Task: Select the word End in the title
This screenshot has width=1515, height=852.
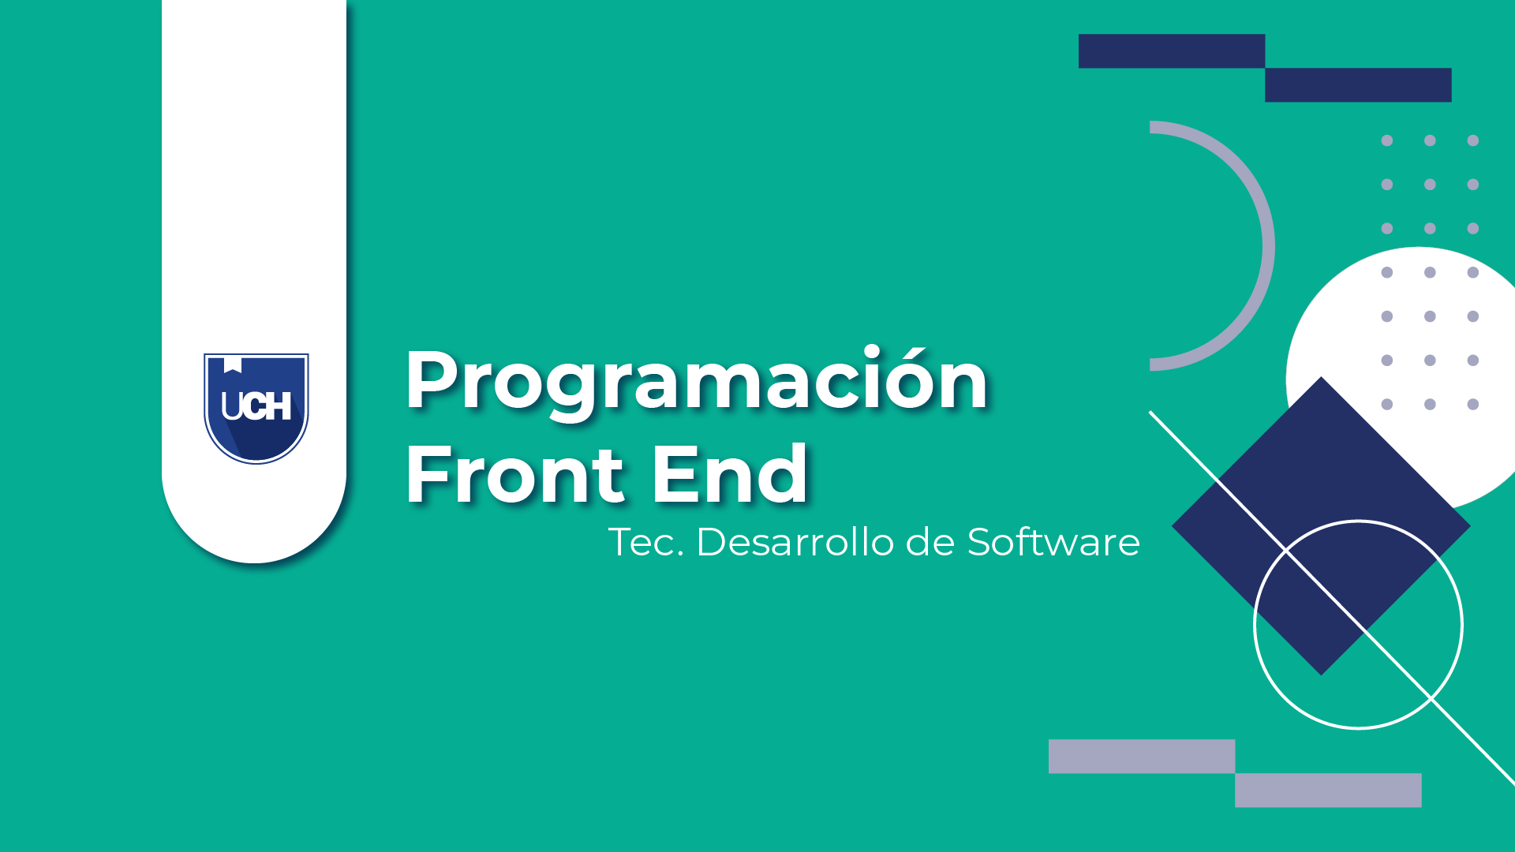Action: (731, 473)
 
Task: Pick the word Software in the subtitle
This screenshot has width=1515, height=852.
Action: (1053, 542)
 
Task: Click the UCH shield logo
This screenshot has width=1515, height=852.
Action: (256, 409)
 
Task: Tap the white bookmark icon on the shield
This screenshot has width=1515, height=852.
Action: (233, 364)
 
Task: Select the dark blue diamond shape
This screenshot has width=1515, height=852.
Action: (1321, 525)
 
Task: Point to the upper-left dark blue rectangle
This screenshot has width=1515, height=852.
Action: (1172, 51)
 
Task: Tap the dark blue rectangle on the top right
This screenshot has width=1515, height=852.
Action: (1358, 85)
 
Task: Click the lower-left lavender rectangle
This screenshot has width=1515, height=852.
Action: (1142, 757)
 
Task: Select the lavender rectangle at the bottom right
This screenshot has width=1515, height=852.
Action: (1328, 790)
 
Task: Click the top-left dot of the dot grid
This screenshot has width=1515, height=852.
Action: (1387, 140)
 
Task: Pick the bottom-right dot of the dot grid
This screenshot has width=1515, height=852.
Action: (1473, 405)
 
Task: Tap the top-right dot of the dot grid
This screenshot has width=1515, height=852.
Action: (1473, 140)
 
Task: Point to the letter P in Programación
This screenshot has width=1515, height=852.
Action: (432, 379)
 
